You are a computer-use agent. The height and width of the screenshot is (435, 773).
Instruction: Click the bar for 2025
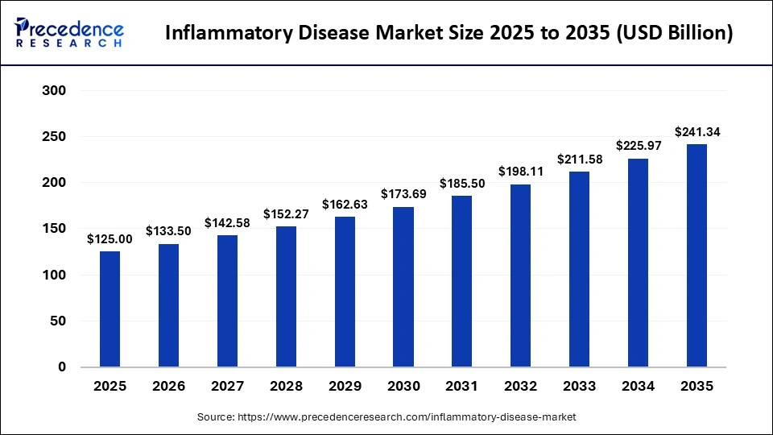[110, 309]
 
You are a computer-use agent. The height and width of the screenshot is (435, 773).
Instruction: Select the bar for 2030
[403, 287]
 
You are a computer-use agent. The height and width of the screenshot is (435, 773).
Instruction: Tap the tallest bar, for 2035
[697, 255]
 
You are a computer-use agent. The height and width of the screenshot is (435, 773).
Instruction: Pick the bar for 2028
[286, 296]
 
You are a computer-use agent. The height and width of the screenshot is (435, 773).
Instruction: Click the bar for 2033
[579, 269]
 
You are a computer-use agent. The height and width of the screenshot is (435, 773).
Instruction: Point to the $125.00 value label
[110, 239]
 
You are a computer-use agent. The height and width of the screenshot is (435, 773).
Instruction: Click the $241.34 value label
[697, 132]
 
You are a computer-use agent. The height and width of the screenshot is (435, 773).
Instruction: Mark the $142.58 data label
[227, 223]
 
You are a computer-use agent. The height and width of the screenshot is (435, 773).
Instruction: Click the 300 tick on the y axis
[54, 91]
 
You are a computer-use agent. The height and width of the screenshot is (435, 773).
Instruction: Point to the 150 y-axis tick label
[54, 229]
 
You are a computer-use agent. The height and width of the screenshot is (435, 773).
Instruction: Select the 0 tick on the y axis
[61, 367]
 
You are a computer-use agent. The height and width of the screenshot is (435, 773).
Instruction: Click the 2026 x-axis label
[168, 387]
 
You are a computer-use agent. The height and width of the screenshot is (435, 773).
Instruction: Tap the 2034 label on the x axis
[638, 387]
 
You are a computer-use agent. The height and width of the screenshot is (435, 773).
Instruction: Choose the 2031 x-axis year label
[462, 387]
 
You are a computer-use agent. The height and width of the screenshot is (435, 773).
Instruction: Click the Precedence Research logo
[69, 33]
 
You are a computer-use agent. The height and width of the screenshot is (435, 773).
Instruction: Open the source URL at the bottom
[387, 417]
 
